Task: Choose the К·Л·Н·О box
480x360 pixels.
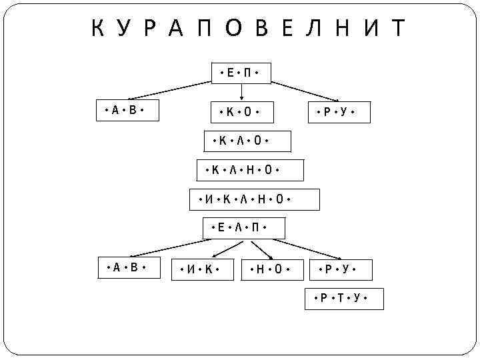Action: point(250,170)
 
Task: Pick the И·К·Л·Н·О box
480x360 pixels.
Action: point(254,199)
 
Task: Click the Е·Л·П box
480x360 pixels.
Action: point(243,228)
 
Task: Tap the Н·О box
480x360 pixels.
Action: point(271,269)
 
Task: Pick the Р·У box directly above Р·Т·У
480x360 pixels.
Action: point(337,269)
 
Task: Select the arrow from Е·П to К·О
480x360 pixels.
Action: point(241,93)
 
